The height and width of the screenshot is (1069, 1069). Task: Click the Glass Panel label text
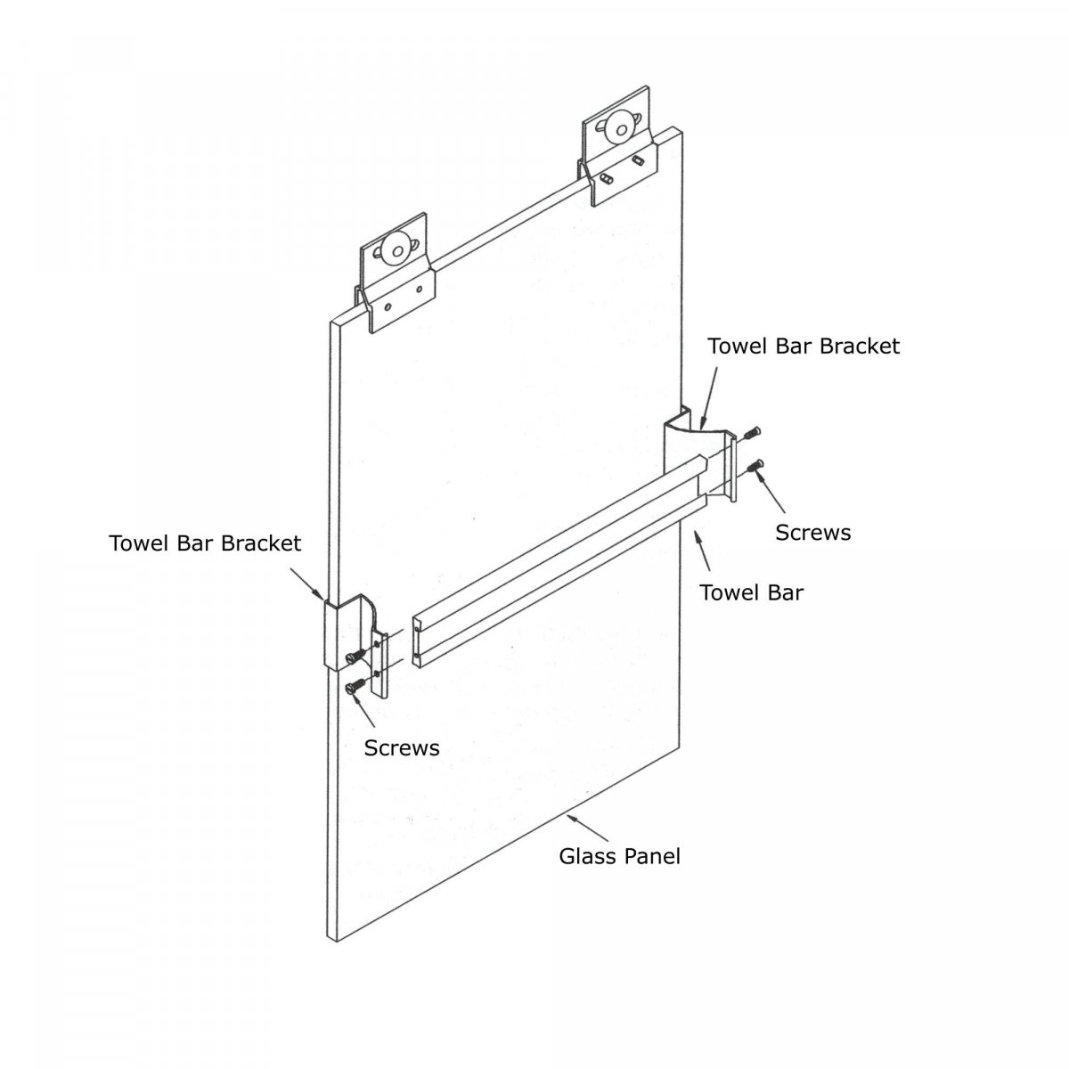pyautogui.click(x=619, y=857)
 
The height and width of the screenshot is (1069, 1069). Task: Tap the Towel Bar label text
pyautogui.click(x=751, y=592)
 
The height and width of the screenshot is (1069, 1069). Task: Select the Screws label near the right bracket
pyautogui.click(x=812, y=533)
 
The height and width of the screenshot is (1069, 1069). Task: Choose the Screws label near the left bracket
pyautogui.click(x=402, y=747)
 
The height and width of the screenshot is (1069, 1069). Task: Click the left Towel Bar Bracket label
pyautogui.click(x=205, y=543)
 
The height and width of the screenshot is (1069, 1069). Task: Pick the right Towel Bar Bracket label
pyautogui.click(x=804, y=346)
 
